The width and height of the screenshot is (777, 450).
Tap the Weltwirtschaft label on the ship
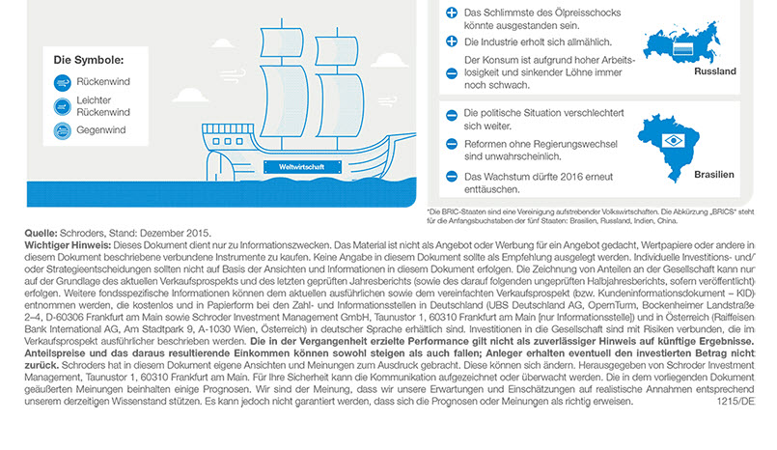[295, 165]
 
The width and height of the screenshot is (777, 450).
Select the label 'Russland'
[714, 71]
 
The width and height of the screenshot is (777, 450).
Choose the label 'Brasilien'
[713, 175]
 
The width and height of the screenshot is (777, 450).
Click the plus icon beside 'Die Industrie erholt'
[451, 42]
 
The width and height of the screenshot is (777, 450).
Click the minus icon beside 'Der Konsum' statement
[451, 60]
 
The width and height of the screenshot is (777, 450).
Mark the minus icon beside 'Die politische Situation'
[451, 115]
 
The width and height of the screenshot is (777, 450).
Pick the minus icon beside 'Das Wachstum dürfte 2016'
[451, 177]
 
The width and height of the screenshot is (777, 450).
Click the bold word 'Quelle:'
[41, 233]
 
